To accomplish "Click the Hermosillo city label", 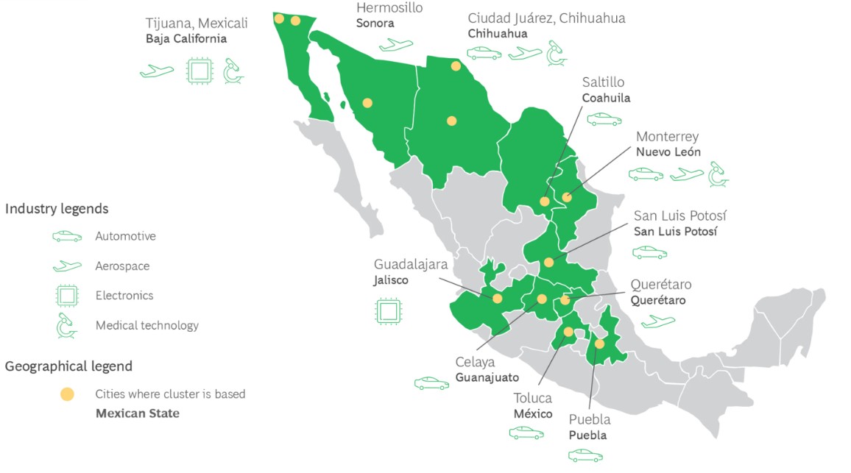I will point(389,8).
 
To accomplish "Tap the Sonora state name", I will point(375,24).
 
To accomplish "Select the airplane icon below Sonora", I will point(396,45).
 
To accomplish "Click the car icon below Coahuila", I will point(604,118).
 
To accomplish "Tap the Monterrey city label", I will point(667,137).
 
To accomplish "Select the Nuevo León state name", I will point(668,152).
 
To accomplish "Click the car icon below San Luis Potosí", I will point(649,252).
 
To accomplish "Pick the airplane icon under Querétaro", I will point(657,321).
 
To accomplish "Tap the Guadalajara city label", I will point(411,264).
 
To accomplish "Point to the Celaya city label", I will point(475,362).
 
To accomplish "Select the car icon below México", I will point(526,433).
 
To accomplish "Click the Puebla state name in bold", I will point(587,435).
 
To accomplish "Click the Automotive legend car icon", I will point(67,237).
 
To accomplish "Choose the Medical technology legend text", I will point(146,325).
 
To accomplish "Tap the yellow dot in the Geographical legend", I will point(67,394).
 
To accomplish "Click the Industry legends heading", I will point(57,209).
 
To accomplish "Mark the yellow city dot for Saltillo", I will point(545,202).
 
